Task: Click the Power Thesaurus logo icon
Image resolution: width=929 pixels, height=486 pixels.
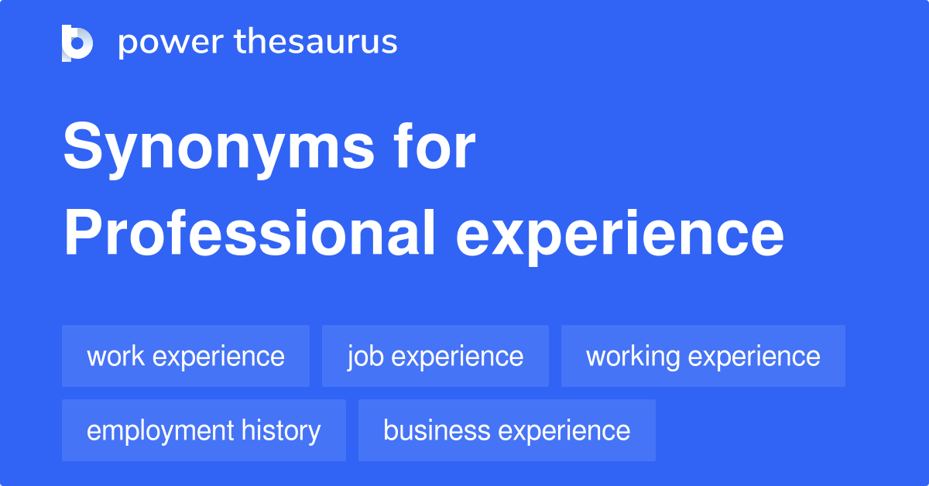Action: click(x=77, y=43)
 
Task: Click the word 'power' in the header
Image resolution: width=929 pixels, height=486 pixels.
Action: click(x=171, y=43)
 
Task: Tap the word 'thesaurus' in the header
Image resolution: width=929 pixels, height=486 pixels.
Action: click(x=316, y=41)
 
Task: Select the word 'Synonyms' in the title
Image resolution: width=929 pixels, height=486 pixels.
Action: click(x=219, y=150)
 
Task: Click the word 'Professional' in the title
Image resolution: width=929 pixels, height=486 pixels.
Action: click(x=249, y=233)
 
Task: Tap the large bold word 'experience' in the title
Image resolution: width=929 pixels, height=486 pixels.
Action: click(x=620, y=237)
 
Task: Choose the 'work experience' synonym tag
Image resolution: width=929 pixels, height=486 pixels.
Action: click(x=186, y=356)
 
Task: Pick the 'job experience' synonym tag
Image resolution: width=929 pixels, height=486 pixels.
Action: click(x=435, y=356)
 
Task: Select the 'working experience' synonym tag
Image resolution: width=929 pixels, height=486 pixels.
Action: click(x=704, y=356)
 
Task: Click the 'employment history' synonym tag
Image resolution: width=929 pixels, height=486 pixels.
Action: click(x=204, y=430)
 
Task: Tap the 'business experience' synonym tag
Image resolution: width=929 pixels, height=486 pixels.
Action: click(x=507, y=430)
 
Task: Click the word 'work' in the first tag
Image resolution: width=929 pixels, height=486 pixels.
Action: click(x=115, y=356)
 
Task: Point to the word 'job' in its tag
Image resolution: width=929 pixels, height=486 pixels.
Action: click(x=365, y=358)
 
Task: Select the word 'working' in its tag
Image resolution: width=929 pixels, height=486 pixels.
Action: click(x=633, y=358)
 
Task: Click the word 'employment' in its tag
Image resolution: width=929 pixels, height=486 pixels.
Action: click(x=160, y=432)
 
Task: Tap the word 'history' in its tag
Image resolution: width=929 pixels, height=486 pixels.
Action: click(x=281, y=432)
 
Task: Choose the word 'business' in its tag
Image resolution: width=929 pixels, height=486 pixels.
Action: click(x=437, y=430)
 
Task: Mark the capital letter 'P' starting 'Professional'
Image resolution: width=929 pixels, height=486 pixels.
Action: click(x=84, y=233)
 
